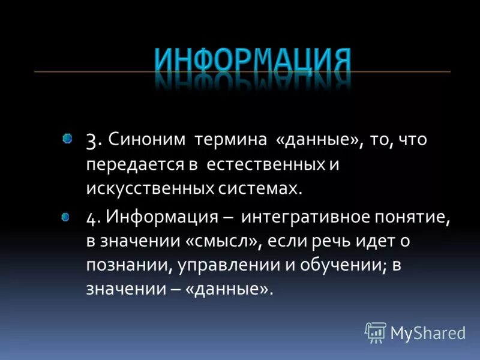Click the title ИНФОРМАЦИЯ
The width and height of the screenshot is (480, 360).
[252, 60]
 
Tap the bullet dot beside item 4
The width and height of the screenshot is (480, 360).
[66, 217]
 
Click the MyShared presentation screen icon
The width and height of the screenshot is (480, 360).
[376, 332]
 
